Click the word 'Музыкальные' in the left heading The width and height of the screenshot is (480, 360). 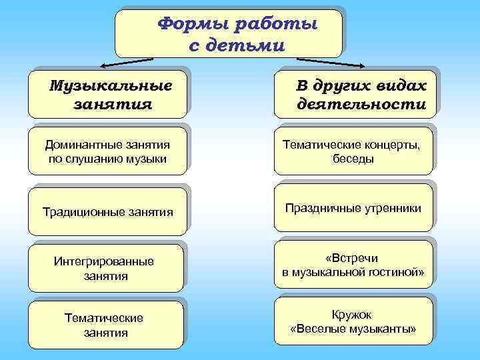pos(111,86)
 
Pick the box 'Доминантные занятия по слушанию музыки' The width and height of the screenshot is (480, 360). pos(107,151)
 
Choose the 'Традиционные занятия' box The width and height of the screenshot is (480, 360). pos(107,212)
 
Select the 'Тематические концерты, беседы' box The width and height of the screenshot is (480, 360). pos(353,151)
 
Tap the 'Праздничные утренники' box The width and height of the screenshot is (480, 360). pos(353,209)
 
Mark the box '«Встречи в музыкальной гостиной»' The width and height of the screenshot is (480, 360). pos(353,265)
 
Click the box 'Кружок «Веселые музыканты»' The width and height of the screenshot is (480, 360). pos(353,321)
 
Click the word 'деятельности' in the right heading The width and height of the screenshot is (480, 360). pos(361,105)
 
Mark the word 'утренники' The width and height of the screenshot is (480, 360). pos(393,209)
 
